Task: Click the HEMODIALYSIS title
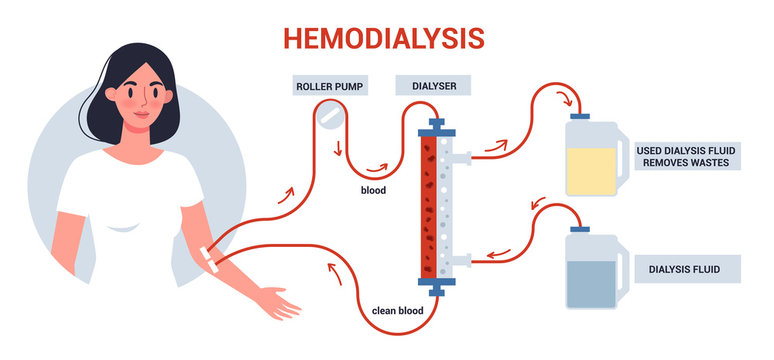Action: point(384,37)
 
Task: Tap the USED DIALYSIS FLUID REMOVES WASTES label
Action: point(688,156)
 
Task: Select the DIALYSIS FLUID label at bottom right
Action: point(688,268)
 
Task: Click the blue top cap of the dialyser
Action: point(435,126)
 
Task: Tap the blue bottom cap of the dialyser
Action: point(435,290)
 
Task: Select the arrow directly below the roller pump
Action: point(337,152)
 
